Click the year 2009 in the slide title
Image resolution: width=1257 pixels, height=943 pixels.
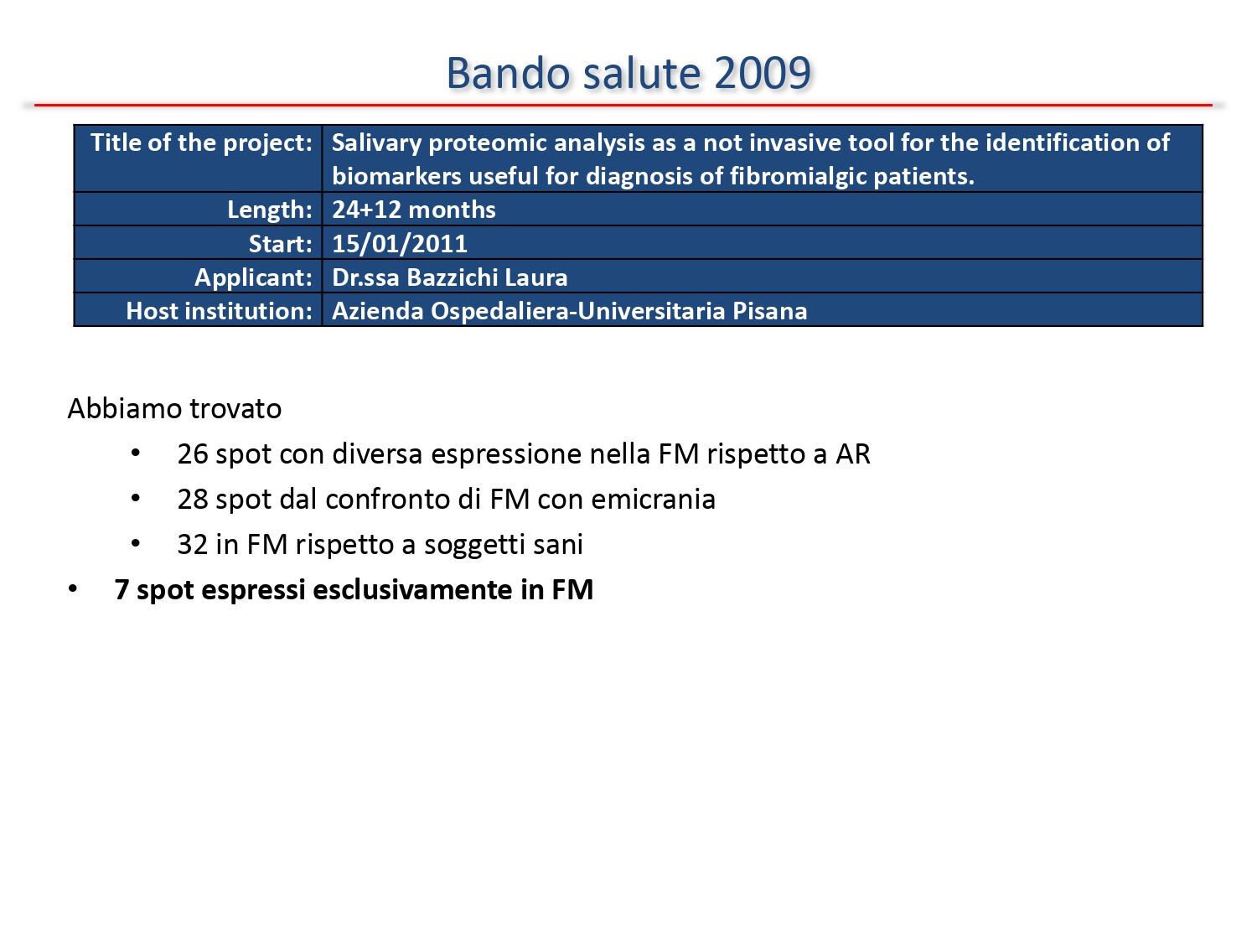point(763,73)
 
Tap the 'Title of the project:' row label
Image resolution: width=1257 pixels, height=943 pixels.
point(202,142)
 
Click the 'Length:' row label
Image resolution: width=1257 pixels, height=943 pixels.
point(270,210)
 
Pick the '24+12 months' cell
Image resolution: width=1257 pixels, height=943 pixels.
point(413,210)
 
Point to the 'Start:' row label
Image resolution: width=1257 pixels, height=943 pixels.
point(280,243)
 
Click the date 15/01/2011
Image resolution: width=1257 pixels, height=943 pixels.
point(400,243)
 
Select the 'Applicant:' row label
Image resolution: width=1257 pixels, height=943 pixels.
point(254,277)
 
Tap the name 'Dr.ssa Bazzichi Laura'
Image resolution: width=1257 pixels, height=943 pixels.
point(449,277)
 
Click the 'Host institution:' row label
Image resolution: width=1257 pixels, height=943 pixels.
point(220,311)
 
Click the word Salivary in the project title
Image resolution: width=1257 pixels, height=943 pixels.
point(377,142)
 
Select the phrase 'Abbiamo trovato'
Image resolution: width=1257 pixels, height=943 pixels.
point(174,409)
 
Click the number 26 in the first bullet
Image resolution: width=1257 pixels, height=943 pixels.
point(193,454)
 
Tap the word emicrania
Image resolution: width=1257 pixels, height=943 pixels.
point(654,500)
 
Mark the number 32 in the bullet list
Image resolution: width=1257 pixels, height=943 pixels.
point(193,545)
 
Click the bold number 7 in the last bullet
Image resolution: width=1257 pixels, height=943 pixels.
point(122,590)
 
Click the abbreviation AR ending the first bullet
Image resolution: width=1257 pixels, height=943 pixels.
point(853,454)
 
